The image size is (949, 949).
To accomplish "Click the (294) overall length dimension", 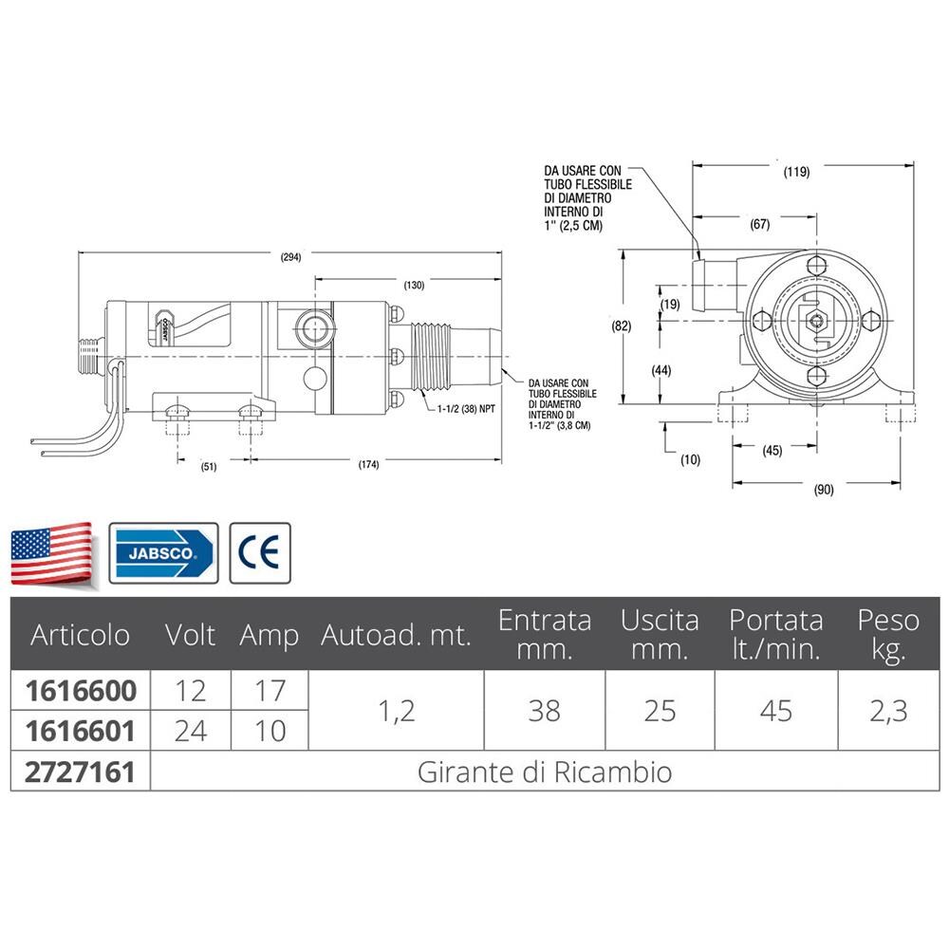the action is point(290,256).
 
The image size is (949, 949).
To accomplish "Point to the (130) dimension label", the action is point(414,285).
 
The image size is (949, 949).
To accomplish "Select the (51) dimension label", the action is point(208,467).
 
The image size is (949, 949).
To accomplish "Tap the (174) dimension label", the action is point(368,465).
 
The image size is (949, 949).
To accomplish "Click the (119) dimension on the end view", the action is point(796,172).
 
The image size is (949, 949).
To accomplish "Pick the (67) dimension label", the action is point(760,224).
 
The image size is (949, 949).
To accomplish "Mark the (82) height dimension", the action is point(621,326).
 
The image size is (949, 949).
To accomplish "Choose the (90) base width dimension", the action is point(824,490).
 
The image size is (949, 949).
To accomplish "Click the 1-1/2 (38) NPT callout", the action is point(466,409).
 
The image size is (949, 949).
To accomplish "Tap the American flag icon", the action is point(52,554).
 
